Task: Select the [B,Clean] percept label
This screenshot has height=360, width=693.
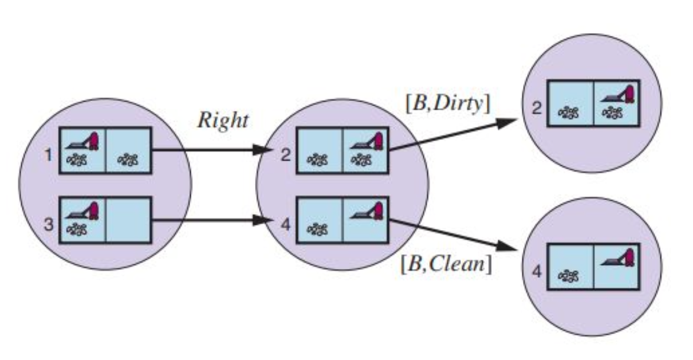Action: click(x=446, y=265)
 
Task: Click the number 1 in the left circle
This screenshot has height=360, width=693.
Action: click(x=49, y=156)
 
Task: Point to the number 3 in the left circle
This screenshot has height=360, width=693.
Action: click(x=49, y=225)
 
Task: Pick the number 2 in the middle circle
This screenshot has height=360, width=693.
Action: click(x=285, y=156)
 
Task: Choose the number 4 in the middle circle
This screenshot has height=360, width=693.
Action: click(x=285, y=225)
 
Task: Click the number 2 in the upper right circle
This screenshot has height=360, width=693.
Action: click(x=537, y=109)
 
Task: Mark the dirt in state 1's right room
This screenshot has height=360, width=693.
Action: click(x=128, y=159)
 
